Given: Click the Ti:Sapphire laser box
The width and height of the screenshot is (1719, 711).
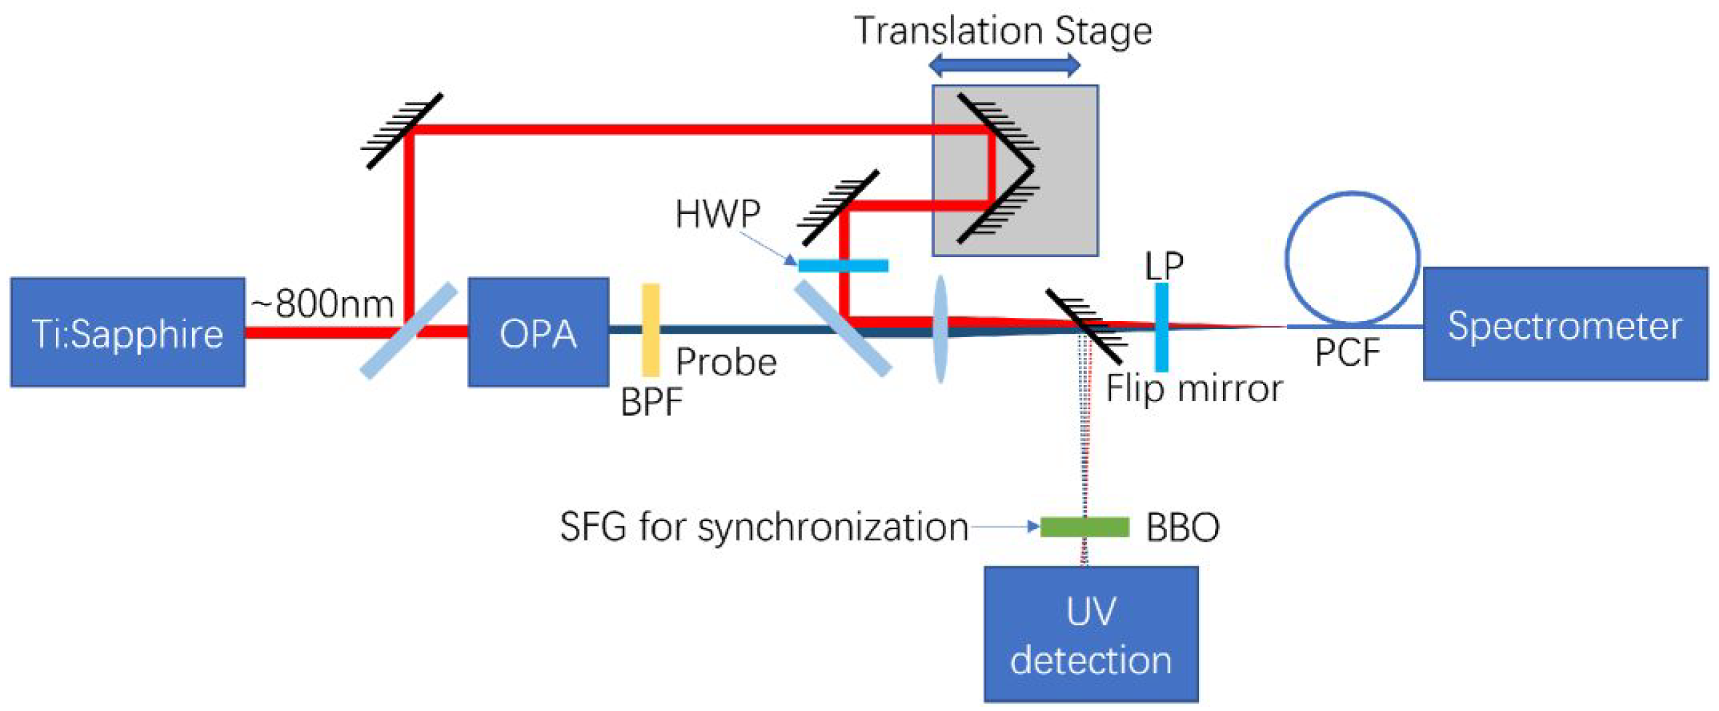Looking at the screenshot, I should click(127, 332).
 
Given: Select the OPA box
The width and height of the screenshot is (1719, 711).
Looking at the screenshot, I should click(538, 332).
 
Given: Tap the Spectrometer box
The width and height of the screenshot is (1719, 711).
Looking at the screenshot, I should click(1565, 324).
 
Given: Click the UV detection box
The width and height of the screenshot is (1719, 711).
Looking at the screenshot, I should click(1090, 634).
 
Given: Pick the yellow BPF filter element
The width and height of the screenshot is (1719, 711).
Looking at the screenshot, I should click(651, 330).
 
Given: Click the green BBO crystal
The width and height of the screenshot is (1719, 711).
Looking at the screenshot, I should click(1084, 527).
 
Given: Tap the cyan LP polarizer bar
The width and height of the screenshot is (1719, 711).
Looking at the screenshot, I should click(1161, 327).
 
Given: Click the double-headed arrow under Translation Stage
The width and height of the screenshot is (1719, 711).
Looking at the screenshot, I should click(1004, 65).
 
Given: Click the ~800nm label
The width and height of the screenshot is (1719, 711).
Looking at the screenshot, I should click(322, 304).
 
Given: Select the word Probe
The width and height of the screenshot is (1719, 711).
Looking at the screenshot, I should click(726, 362).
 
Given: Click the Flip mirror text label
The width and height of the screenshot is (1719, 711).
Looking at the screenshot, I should click(1194, 389).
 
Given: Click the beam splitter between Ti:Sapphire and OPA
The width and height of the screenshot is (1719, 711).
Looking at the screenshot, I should click(408, 331).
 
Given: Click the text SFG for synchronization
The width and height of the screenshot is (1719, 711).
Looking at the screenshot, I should click(764, 527).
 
